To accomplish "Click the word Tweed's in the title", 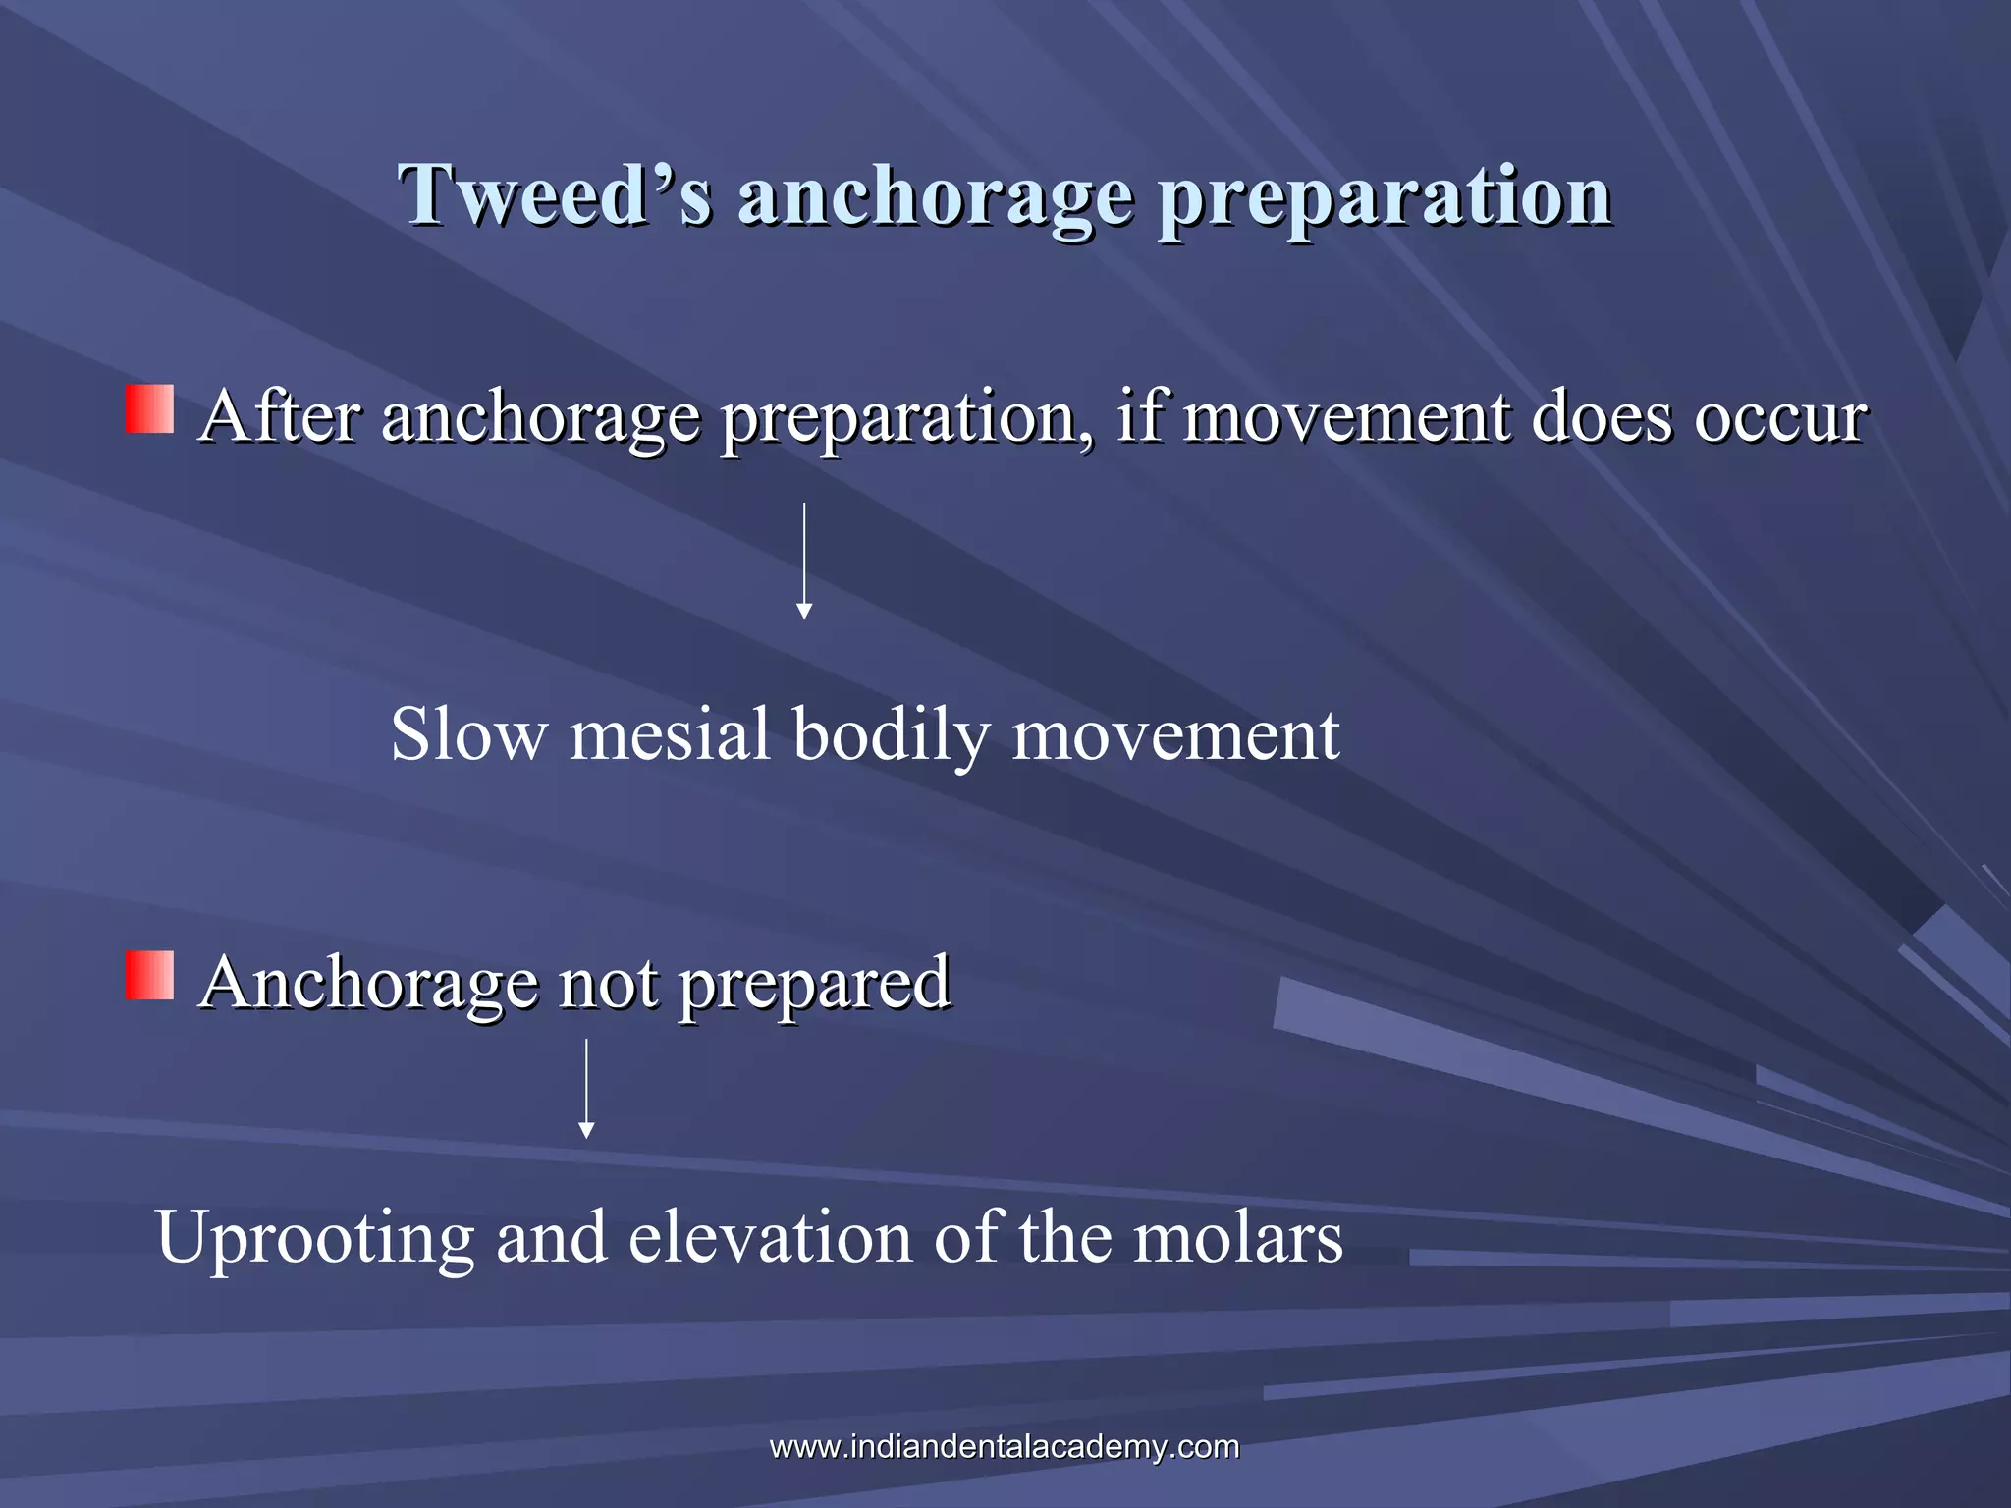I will coord(555,194).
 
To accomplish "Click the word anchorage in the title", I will coord(936,196).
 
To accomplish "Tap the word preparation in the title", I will coord(1385,196).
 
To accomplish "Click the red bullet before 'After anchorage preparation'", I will coord(149,409).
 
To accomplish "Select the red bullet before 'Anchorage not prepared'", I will coord(149,976).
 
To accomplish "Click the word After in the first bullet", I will coord(279,416).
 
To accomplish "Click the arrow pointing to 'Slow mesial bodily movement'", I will coord(804,561).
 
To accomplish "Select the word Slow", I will coord(468,734).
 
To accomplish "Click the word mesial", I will coord(670,734).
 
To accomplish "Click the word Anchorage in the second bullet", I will coord(368,983).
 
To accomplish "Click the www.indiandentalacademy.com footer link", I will coord(1005,1446).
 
